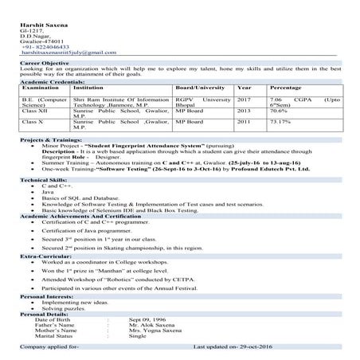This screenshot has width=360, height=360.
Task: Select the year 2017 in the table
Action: (244, 98)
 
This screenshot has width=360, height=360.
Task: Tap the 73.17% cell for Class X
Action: (281, 122)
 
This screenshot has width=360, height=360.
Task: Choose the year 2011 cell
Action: (244, 122)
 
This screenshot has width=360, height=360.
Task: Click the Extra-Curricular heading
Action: (41, 256)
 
